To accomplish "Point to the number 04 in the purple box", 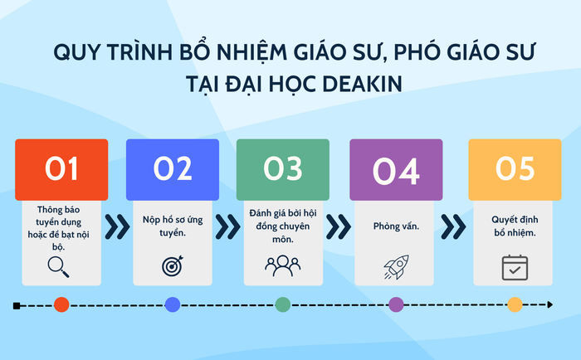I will [396, 170].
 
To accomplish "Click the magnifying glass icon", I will [58, 266].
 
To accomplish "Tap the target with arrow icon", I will [172, 266].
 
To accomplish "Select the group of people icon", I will [282, 265].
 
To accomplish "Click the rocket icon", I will [395, 266].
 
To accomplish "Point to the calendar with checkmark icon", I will [515, 267].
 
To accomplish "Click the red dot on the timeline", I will [61, 304].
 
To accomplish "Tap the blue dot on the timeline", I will [173, 304].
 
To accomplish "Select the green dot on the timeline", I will [283, 304].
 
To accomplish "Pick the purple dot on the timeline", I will [396, 304].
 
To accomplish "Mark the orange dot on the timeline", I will [515, 304].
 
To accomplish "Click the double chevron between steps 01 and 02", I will [116, 225].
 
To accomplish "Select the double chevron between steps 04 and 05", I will [452, 225].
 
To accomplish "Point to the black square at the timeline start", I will [17, 305].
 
